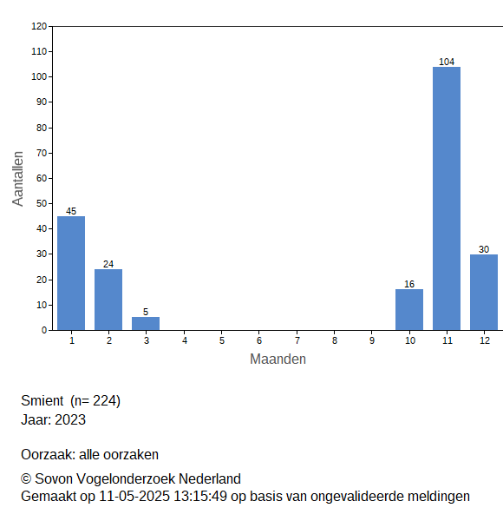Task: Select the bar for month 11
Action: [x=447, y=198]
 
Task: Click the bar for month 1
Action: [x=71, y=274]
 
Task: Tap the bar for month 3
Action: [x=146, y=324]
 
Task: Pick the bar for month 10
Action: [x=409, y=310]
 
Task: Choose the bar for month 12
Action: [x=484, y=293]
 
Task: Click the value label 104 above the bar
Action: [x=447, y=62]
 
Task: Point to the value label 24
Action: [x=108, y=264]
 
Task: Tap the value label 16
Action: [x=409, y=284]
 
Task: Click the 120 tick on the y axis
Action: [x=39, y=26]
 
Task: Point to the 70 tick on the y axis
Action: [x=42, y=153]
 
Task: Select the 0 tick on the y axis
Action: [x=44, y=330]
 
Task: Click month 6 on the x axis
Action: [x=259, y=340]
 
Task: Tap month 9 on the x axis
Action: [x=372, y=340]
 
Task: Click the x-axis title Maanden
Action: [x=278, y=359]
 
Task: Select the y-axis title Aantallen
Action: [x=18, y=179]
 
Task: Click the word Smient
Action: [x=42, y=400]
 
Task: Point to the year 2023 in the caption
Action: [x=70, y=419]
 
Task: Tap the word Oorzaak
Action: [x=48, y=454]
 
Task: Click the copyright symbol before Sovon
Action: [x=26, y=479]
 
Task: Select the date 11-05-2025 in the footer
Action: [x=134, y=497]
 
